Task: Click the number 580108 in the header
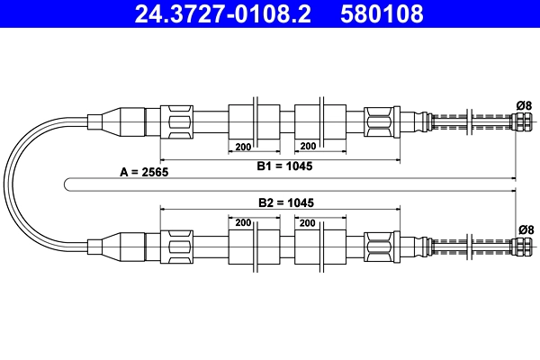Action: pyautogui.click(x=382, y=14)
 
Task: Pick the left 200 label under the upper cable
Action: pyautogui.click(x=242, y=146)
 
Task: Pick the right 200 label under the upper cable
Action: pyautogui.click(x=307, y=146)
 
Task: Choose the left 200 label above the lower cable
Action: pyautogui.click(x=242, y=222)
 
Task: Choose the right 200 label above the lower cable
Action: pyautogui.click(x=307, y=222)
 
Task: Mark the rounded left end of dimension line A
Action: pyautogui.click(x=68, y=184)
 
